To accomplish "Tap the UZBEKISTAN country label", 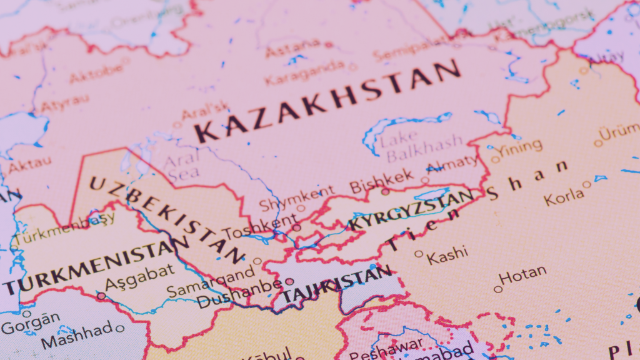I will pyautogui.click(x=166, y=219).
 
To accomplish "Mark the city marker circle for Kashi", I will pyautogui.click(x=419, y=254).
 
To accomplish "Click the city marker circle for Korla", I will pyautogui.click(x=586, y=184).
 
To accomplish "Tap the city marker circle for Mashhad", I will pyautogui.click(x=120, y=328).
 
